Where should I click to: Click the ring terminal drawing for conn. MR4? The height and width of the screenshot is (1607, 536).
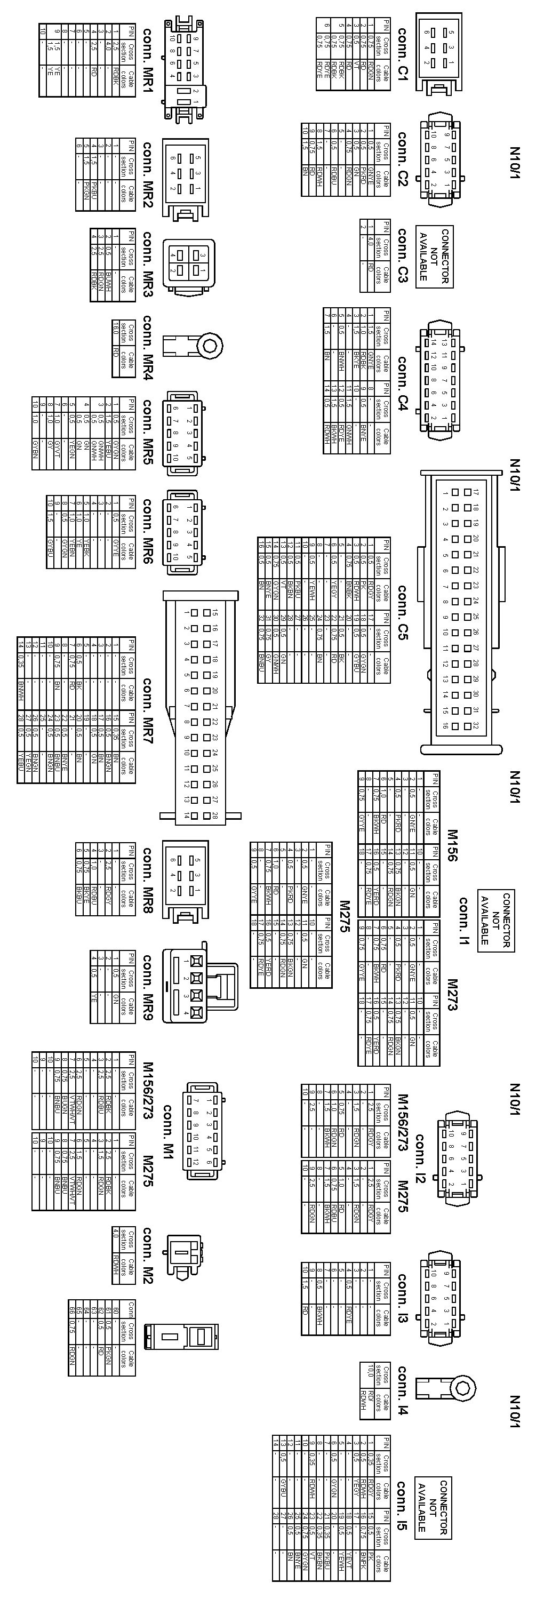(193, 343)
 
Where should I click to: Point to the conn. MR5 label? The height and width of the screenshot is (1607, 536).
(148, 430)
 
